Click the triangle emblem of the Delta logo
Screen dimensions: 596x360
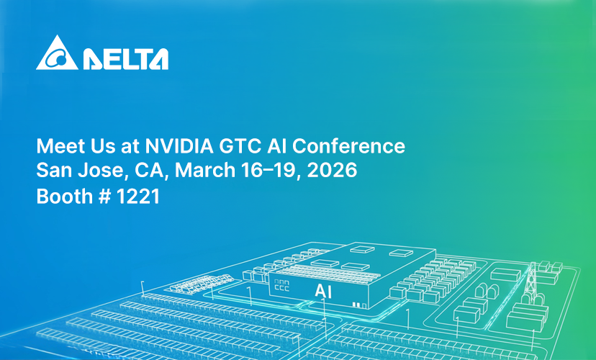pyautogui.click(x=57, y=53)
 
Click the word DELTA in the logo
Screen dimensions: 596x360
pyautogui.click(x=126, y=59)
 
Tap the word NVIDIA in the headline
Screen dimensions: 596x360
pyautogui.click(x=179, y=146)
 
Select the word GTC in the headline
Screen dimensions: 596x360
pyautogui.click(x=240, y=146)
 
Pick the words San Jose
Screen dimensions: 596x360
pyautogui.click(x=80, y=170)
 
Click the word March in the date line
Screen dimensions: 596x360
pyautogui.click(x=205, y=170)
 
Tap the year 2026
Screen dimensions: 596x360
pyautogui.click(x=333, y=170)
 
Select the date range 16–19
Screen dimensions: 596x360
pyautogui.click(x=271, y=170)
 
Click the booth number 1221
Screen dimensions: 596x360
pyautogui.click(x=137, y=197)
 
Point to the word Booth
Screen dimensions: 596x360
pyautogui.click(x=64, y=197)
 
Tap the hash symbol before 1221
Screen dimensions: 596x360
pyautogui.click(x=104, y=197)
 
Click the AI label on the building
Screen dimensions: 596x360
pyautogui.click(x=323, y=292)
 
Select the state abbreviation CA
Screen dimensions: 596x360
pyautogui.click(x=151, y=170)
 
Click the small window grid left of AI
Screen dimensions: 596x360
pyautogui.click(x=281, y=286)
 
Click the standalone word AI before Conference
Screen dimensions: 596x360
pyautogui.click(x=276, y=146)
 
